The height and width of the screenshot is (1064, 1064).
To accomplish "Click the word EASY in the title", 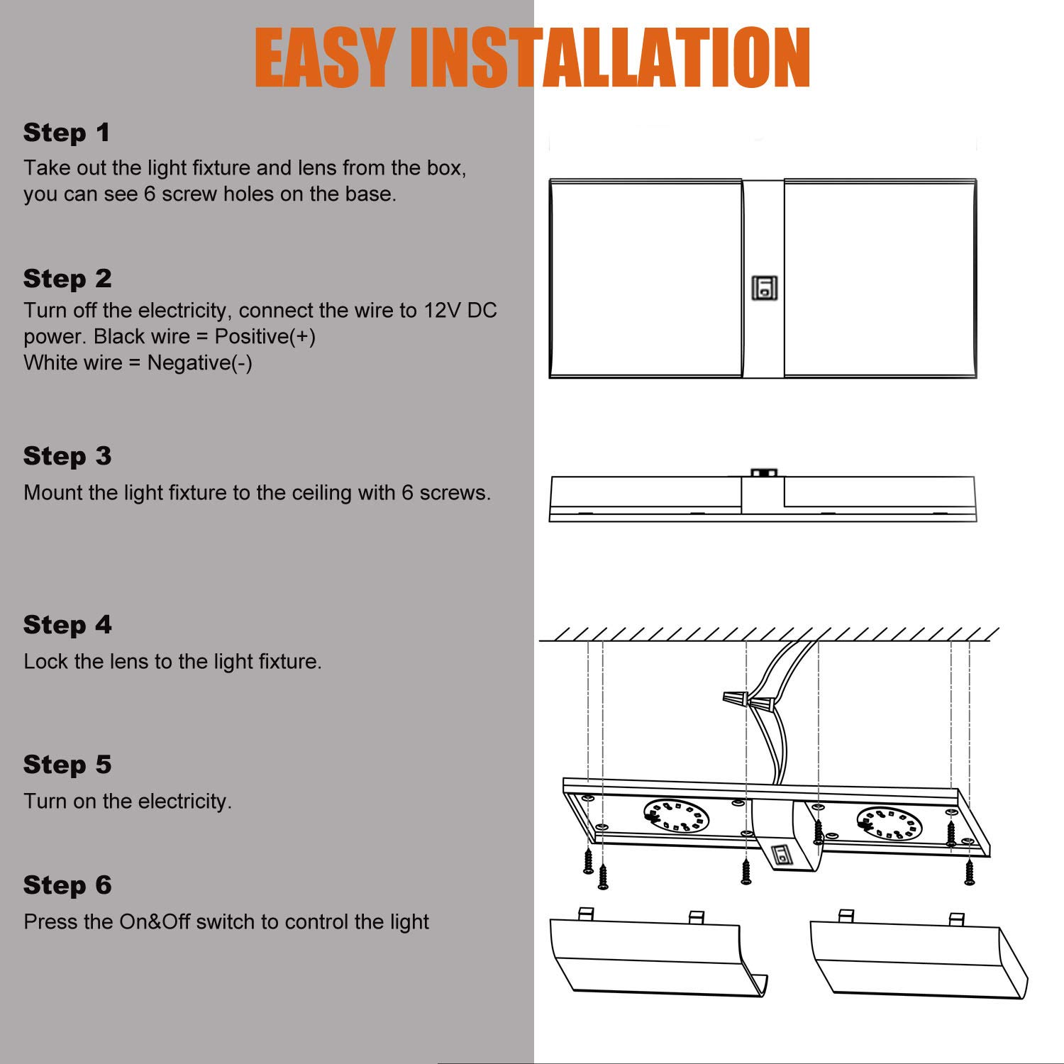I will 325,58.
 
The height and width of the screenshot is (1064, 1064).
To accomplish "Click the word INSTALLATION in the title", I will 610,58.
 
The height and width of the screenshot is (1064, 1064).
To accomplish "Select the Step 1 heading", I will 67,133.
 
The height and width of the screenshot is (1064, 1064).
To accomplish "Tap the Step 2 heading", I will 67,279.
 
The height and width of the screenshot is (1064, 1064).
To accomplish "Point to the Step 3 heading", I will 67,456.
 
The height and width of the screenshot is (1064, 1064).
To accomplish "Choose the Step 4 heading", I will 67,625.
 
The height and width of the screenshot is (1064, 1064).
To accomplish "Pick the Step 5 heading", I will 67,765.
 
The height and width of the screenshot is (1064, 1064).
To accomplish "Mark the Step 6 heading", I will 67,885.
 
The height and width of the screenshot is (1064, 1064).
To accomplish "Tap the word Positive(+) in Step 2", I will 265,337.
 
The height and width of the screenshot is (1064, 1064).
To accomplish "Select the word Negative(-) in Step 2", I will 199,363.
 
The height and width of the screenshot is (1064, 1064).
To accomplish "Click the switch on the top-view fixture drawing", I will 765,288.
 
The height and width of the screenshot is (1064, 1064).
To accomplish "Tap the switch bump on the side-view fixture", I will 764,472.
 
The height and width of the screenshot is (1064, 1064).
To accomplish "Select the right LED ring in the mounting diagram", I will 890,823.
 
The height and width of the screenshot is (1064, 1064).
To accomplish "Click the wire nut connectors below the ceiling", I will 749,702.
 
